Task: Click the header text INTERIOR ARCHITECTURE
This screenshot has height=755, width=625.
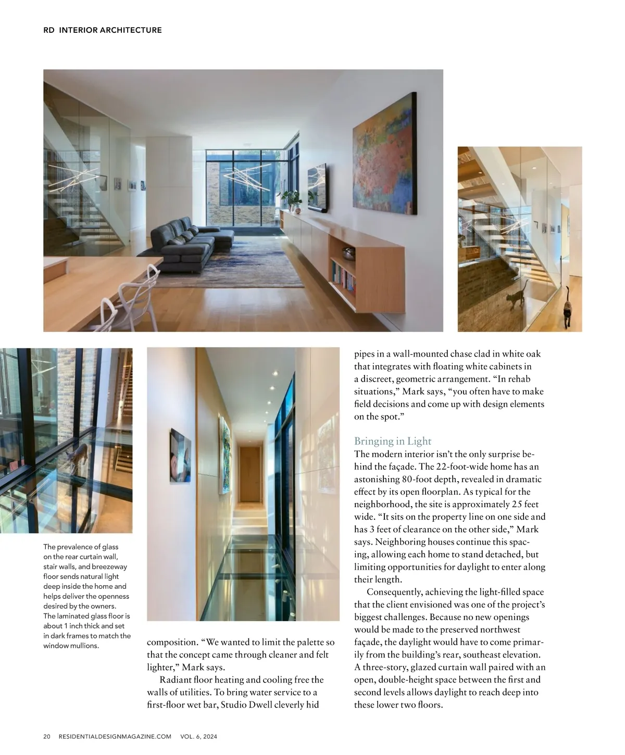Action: [110, 30]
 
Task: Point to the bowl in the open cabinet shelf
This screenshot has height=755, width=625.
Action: [347, 253]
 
